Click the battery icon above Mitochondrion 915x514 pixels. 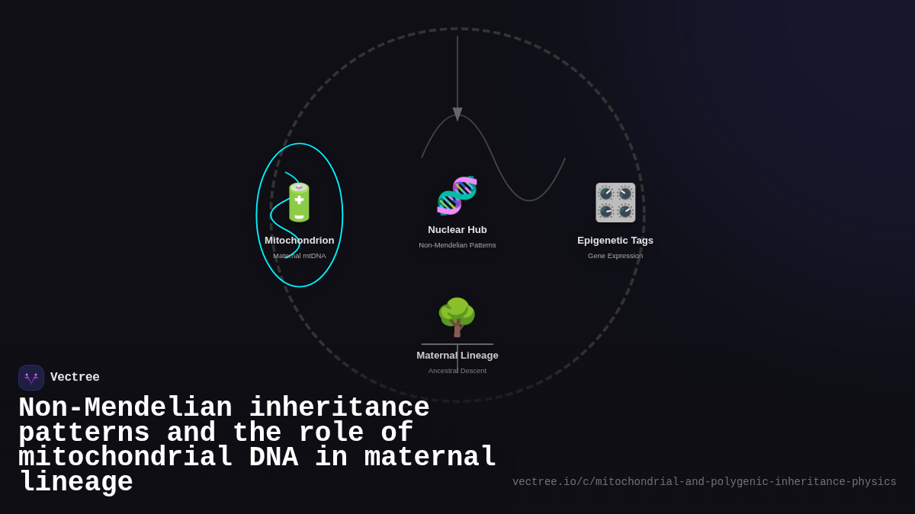click(299, 203)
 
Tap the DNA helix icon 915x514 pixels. click(457, 196)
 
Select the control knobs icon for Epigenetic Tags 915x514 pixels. click(615, 203)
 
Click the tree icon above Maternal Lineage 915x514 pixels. click(457, 317)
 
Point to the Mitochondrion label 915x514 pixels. click(300, 241)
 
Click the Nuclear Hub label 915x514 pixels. click(457, 230)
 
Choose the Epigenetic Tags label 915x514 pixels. click(615, 241)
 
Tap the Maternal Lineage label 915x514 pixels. click(457, 356)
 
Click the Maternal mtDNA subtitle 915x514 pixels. click(300, 256)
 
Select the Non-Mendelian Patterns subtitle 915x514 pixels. click(457, 245)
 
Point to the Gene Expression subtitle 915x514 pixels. click(615, 256)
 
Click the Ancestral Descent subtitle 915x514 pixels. click(457, 371)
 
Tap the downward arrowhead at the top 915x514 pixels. click(457, 114)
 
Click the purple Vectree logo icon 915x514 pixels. click(31, 378)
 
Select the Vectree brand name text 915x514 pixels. click(75, 378)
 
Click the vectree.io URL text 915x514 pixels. click(704, 482)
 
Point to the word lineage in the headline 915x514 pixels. click(76, 483)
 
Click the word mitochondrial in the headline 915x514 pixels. click(126, 458)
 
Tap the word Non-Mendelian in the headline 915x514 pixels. click(125, 408)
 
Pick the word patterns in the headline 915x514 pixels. click(84, 433)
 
